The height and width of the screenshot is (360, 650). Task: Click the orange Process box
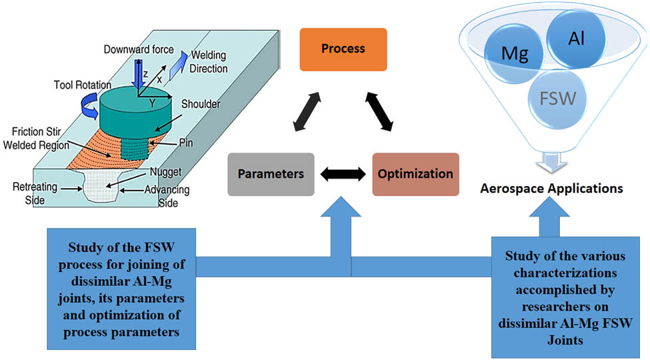coord(343,49)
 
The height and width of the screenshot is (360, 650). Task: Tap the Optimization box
coord(415,174)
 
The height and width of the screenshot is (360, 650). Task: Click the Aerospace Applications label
coord(552,189)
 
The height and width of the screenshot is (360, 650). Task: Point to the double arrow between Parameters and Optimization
coord(343,174)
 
